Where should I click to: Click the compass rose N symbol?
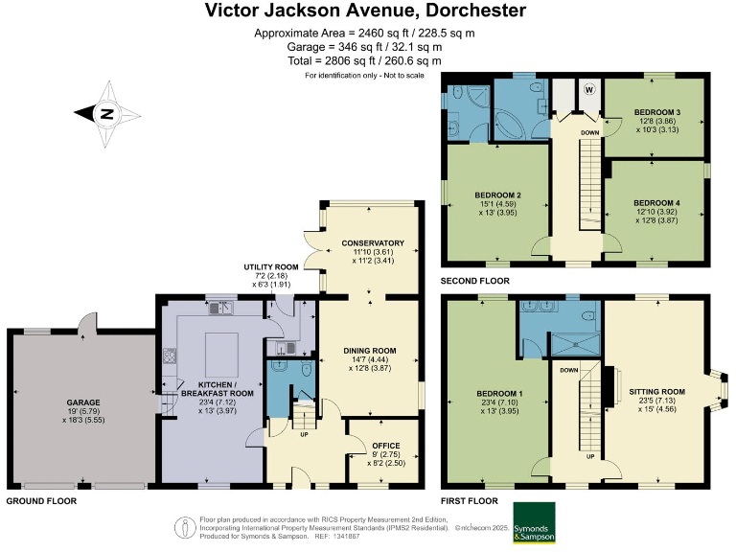coord(108,114)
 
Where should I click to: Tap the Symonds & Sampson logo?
coord(534,522)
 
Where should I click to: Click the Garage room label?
coord(83,402)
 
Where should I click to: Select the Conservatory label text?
coord(373,243)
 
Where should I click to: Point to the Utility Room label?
coord(271,267)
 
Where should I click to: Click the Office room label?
coord(386,446)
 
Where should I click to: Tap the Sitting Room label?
coord(656,391)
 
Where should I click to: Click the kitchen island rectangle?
coord(221,352)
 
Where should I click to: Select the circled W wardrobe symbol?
coord(589,89)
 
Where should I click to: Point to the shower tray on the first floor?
coord(575,344)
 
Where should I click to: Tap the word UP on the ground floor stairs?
coord(304,435)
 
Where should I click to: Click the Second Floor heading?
coord(474,281)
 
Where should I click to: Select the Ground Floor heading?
coord(41,501)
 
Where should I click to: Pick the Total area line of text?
coord(364,61)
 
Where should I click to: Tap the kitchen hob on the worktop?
coord(170,356)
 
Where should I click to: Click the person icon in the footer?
coord(185,528)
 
